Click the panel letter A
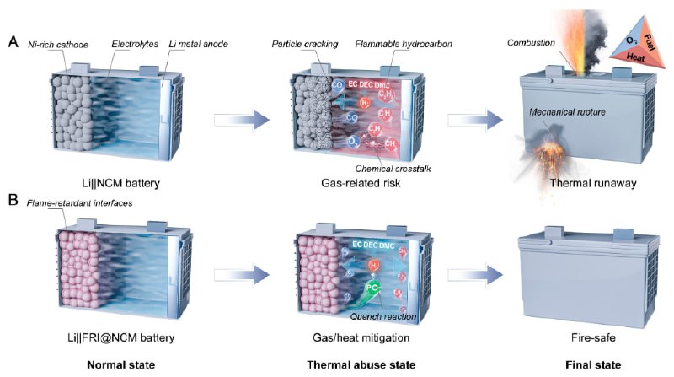coord(13,39)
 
